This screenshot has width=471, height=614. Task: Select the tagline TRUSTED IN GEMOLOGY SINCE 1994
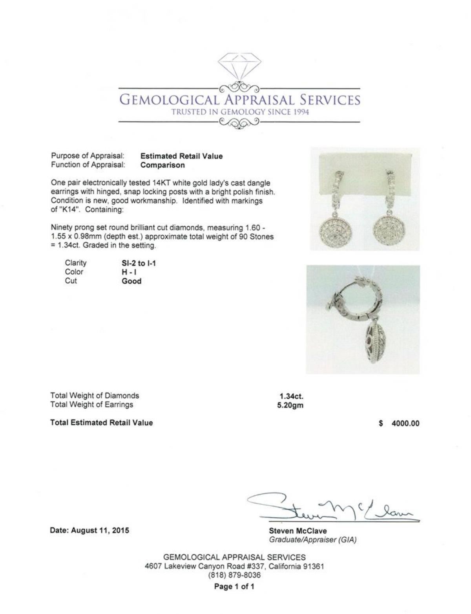tap(240, 112)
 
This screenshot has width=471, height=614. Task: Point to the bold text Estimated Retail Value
tap(181, 156)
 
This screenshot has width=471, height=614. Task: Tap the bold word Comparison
tap(162, 165)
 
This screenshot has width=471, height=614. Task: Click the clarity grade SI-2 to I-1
tap(139, 263)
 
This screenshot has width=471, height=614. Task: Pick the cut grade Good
tap(131, 281)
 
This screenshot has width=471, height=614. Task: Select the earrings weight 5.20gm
tap(290, 405)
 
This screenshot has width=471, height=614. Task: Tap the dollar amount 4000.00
tap(405, 423)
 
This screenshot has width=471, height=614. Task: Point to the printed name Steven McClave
tap(298, 531)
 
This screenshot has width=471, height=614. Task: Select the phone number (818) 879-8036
tap(234, 575)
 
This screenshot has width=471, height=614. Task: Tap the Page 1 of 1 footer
tap(234, 587)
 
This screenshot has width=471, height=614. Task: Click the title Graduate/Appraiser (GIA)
tap(312, 540)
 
